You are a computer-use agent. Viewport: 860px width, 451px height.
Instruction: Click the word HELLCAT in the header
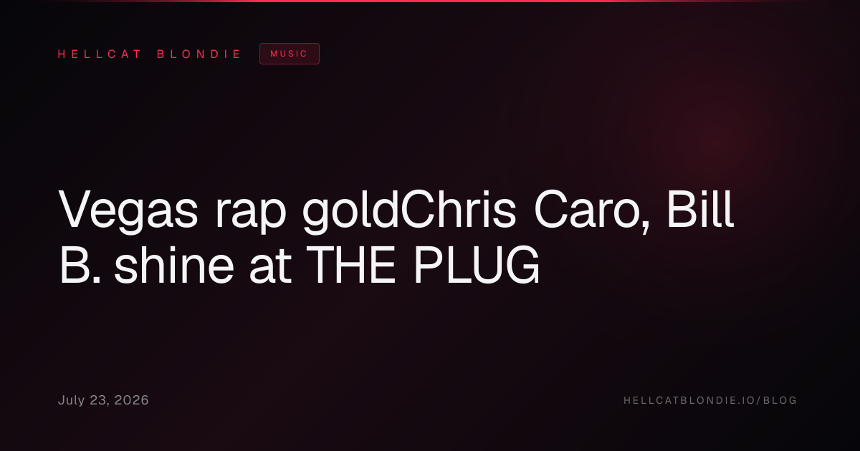click(99, 54)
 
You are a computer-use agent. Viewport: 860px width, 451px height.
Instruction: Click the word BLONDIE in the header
click(199, 54)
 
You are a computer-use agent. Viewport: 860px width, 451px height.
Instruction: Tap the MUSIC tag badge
click(289, 54)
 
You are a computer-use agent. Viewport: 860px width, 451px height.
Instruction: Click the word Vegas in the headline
click(128, 210)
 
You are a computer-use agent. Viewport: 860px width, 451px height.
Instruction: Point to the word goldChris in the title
click(409, 210)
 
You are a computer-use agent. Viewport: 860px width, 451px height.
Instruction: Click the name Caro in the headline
click(586, 209)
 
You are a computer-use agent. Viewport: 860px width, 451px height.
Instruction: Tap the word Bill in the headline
click(699, 209)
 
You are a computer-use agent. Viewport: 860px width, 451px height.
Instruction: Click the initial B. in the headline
click(80, 265)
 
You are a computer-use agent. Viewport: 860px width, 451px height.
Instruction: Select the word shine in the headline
click(174, 265)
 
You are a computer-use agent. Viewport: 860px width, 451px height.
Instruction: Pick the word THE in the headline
click(350, 265)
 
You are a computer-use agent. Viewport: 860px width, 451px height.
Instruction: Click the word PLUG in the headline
click(477, 265)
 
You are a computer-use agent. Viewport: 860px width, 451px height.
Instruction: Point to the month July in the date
click(71, 400)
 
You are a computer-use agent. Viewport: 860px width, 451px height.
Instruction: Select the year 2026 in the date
click(131, 400)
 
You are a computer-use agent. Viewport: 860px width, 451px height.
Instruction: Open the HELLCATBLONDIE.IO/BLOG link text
click(710, 400)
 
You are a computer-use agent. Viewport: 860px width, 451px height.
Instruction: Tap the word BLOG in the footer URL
click(780, 400)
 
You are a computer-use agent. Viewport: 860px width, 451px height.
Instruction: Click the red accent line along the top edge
click(430, 1)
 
